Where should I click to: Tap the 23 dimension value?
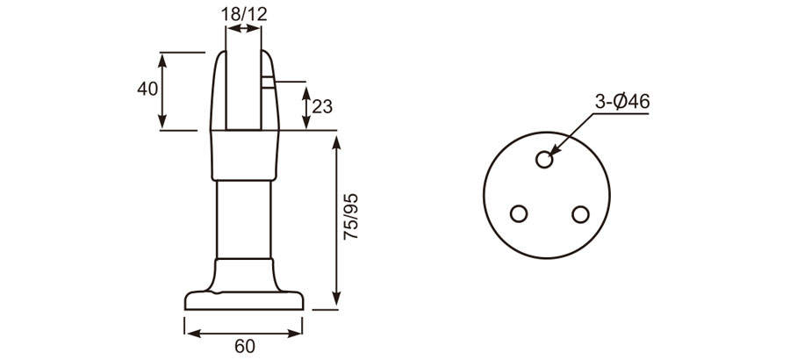coord(322,107)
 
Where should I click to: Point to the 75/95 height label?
coord(350,218)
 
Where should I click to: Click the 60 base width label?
coord(245,346)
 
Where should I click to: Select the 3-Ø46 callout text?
coord(621,102)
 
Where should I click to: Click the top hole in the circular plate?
coord(545,160)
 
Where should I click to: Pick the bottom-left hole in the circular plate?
coord(519,213)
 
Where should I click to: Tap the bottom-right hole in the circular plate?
coord(579,213)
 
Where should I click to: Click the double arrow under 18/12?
coord(243,29)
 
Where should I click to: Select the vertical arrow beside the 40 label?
coord(163,90)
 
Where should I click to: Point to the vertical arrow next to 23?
coord(305,107)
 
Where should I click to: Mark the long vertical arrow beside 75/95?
coord(336,220)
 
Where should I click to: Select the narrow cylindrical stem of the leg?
coord(243,220)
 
